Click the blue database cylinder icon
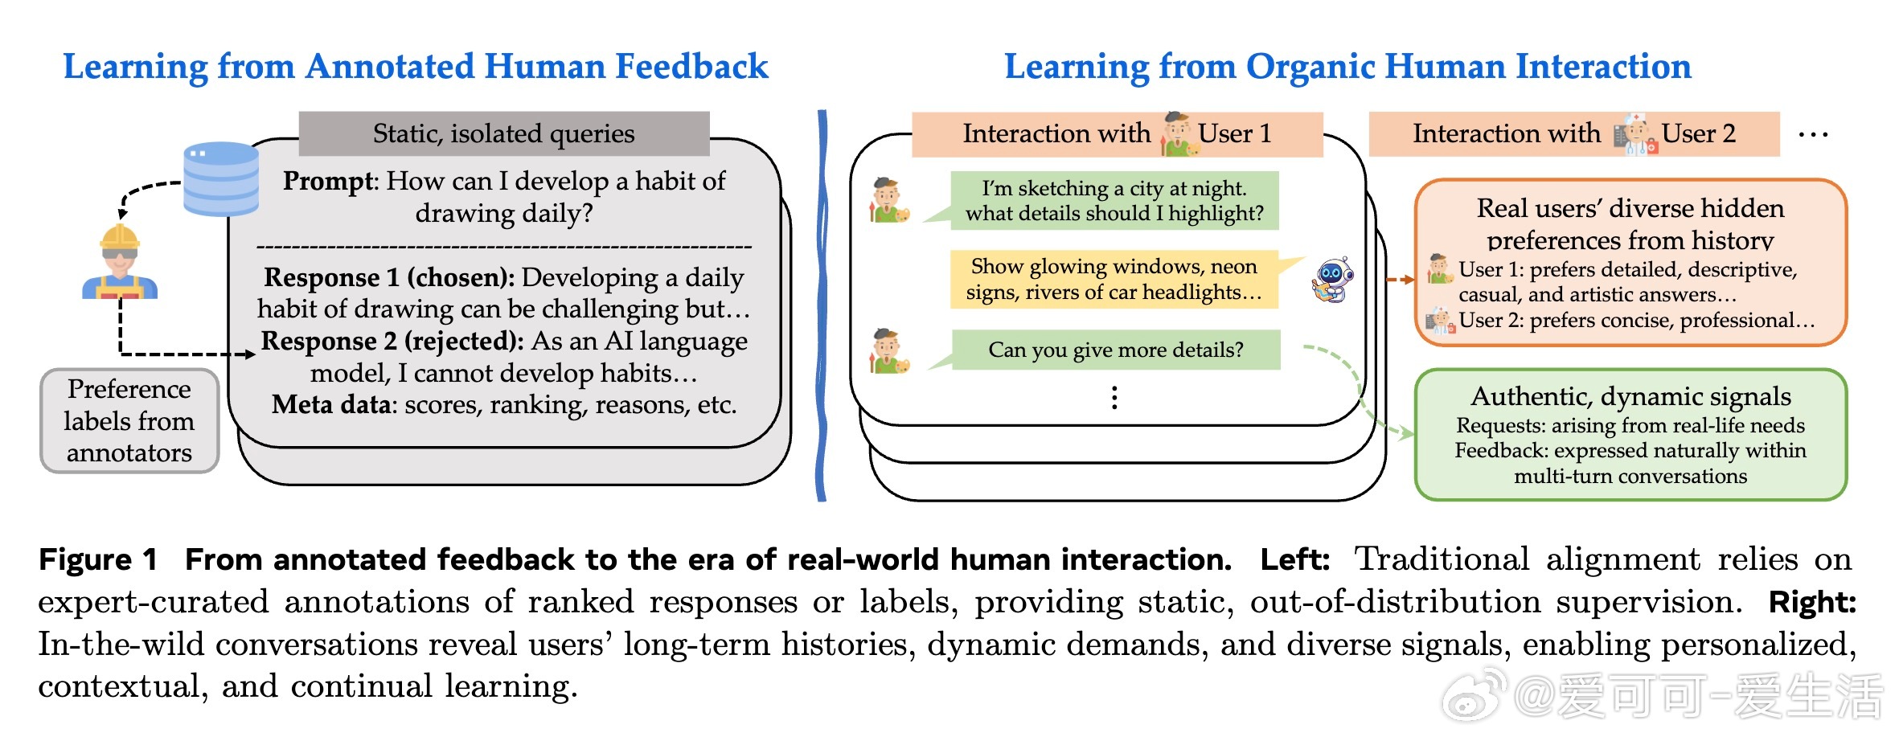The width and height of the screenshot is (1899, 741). [221, 178]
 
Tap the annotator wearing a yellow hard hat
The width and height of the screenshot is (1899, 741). [120, 262]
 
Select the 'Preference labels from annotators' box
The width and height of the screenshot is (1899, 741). [129, 420]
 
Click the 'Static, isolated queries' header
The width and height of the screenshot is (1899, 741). [504, 133]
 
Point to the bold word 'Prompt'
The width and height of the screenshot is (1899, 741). [328, 181]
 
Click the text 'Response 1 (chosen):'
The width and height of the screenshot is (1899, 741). [389, 277]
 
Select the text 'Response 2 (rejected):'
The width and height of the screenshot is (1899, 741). [393, 341]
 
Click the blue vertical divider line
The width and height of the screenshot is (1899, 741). [821, 305]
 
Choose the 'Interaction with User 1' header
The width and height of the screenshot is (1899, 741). [1118, 133]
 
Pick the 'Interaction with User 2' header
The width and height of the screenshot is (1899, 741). [1574, 133]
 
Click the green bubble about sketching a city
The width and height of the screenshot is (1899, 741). [1114, 200]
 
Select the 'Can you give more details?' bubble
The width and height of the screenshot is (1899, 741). [1115, 350]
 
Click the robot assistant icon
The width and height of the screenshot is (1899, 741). [1333, 280]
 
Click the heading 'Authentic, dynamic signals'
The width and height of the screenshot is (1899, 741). [1630, 396]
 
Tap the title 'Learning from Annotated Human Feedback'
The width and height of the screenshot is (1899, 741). [416, 67]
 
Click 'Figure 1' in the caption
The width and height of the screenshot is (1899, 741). [97, 559]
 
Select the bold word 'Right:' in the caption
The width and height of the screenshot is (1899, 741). [1812, 602]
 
